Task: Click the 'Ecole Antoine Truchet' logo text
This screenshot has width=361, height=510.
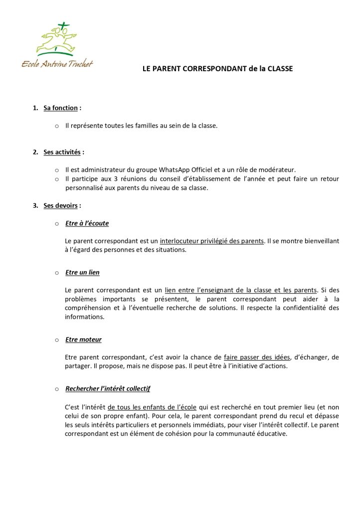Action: tap(57, 64)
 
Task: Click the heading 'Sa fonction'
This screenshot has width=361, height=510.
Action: tap(60, 108)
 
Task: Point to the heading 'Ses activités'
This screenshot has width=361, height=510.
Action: tap(62, 152)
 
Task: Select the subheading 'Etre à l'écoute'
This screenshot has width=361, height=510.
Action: tap(87, 223)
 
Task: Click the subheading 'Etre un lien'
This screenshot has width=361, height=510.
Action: tap(82, 272)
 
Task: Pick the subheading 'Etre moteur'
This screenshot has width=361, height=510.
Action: tap(83, 340)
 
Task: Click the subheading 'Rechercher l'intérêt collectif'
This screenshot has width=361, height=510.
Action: tap(108, 388)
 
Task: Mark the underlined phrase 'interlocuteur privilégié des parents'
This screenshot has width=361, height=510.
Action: tap(211, 241)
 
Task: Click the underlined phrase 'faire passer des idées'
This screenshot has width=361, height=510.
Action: tap(257, 357)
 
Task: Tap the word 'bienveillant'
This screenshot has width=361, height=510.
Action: tap(318, 241)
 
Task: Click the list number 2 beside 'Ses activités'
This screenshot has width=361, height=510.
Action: tap(35, 152)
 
